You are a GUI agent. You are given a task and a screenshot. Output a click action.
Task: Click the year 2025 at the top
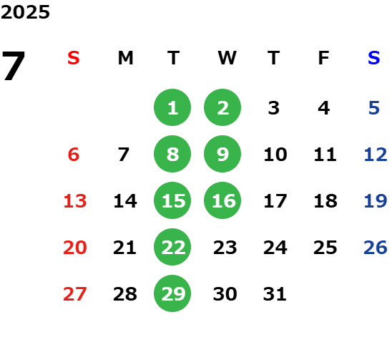click(25, 12)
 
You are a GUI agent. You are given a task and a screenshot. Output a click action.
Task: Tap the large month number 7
click(14, 65)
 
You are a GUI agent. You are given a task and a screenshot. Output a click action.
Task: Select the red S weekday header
click(74, 58)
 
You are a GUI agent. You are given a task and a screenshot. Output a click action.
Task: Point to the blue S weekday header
click(374, 58)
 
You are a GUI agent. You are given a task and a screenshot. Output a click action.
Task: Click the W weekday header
click(227, 58)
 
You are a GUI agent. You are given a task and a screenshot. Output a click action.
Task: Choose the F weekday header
click(324, 58)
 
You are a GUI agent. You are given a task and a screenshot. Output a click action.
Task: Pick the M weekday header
click(125, 58)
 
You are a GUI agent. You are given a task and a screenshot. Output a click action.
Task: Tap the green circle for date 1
click(172, 107)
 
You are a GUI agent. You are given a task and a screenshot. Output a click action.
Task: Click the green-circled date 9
click(222, 154)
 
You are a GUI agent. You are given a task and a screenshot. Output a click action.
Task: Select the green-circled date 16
click(222, 200)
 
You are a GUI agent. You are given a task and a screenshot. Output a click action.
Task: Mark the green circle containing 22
click(172, 247)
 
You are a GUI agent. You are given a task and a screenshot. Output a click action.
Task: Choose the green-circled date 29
click(172, 293)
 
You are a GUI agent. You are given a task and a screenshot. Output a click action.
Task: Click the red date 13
click(75, 200)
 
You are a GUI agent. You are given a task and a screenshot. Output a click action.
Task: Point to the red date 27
click(75, 293)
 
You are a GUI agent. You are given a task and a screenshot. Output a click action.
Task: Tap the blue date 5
click(374, 108)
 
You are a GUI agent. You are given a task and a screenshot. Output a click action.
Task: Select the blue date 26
click(376, 247)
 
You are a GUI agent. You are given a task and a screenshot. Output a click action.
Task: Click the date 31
click(275, 293)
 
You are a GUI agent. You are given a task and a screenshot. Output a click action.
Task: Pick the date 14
click(125, 200)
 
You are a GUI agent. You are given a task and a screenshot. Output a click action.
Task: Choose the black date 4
click(324, 108)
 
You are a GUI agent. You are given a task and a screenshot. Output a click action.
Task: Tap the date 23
click(225, 247)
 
